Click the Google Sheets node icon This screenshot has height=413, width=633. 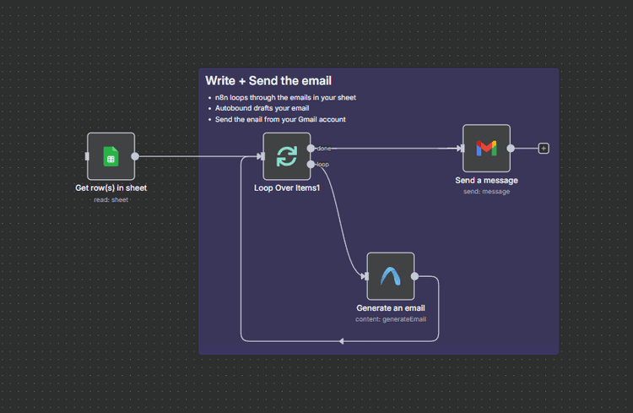tap(111, 156)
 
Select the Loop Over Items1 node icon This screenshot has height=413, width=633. tap(286, 156)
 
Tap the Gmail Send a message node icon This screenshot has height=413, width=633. tap(486, 149)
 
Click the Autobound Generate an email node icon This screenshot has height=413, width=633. tap(390, 276)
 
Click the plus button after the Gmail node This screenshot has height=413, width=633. tap(544, 149)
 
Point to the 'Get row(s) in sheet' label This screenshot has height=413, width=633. tap(111, 187)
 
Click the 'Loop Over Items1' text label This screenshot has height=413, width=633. tap(287, 187)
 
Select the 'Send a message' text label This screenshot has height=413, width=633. tap(486, 180)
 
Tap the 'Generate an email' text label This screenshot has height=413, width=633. tap(390, 308)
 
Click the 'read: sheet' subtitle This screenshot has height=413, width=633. tap(111, 199)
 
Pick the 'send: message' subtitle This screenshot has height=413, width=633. tap(486, 192)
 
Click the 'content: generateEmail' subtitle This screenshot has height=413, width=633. tap(390, 319)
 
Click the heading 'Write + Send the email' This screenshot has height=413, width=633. tap(268, 81)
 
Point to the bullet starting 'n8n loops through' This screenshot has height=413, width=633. tap(285, 98)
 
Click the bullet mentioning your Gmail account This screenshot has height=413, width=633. tap(280, 120)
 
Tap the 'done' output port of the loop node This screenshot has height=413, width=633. tap(311, 149)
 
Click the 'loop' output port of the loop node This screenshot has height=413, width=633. tap(311, 164)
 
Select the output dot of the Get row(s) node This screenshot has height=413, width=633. tap(135, 156)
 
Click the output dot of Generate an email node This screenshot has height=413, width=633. tap(414, 276)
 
